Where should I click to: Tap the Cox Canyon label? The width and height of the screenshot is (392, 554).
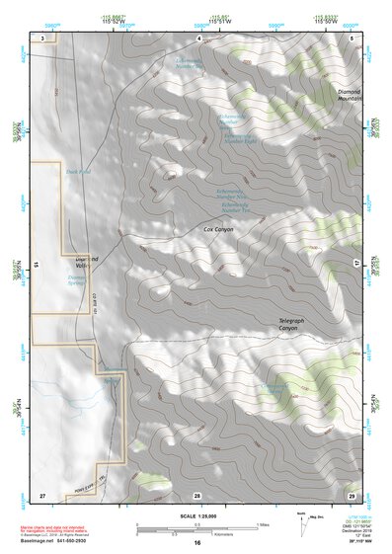[220, 229]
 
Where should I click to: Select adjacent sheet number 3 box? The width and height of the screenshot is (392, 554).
[43, 37]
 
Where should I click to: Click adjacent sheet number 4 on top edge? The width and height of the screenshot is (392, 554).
[198, 37]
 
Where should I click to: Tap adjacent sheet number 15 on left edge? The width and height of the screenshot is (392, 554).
[36, 265]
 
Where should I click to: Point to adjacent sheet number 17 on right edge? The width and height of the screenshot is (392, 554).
[356, 263]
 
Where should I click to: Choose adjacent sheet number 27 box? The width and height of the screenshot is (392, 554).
[42, 493]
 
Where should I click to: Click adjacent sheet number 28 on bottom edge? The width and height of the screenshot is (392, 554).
[196, 494]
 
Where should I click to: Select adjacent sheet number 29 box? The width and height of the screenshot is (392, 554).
[351, 493]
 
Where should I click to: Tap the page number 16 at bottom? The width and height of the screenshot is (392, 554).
[196, 543]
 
